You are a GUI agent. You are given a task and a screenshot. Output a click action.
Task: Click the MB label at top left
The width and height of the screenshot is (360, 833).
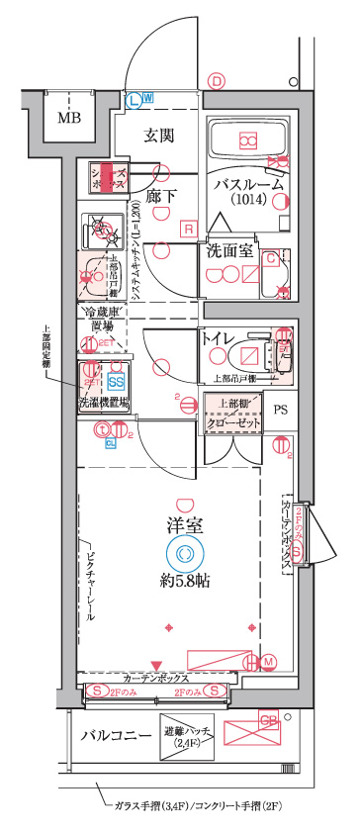[x=68, y=120]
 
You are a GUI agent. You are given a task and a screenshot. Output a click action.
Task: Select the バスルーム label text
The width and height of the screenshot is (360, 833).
[x=249, y=184]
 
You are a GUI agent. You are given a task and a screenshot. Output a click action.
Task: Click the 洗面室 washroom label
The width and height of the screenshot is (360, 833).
[x=228, y=252]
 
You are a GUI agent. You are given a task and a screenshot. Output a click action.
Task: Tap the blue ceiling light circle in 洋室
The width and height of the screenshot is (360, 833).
[x=183, y=553]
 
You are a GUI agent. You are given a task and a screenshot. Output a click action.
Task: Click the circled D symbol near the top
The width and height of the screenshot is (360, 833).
[x=218, y=83]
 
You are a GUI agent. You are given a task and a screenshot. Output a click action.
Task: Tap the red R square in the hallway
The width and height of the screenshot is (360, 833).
[x=186, y=230]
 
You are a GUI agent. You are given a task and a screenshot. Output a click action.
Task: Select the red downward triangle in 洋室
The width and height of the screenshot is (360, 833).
[x=154, y=666]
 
